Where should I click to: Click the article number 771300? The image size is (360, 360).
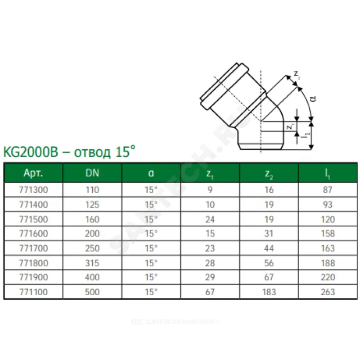pos(33,190)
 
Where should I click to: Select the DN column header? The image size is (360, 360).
pos(92,173)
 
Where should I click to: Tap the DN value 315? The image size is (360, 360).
pos(92,263)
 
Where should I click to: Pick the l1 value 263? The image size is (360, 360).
pos(328,292)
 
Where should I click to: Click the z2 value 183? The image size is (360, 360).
pos(269,292)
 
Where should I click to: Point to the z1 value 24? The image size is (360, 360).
pos(210,220)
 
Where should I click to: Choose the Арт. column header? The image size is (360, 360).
pos(33,173)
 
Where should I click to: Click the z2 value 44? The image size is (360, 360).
pos(269,248)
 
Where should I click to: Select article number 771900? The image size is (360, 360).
pos(33,277)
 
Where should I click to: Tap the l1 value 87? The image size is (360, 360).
pos(328,190)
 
